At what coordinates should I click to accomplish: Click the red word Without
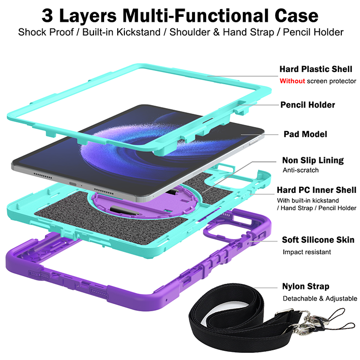292,81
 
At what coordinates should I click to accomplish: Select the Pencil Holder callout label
308,105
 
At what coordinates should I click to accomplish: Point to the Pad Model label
305,134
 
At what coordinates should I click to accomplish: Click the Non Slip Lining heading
313,160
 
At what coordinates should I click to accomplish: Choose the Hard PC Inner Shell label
316,190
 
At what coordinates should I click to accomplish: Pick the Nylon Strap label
306,286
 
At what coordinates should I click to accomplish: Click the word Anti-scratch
300,170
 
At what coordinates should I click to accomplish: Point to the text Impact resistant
307,251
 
